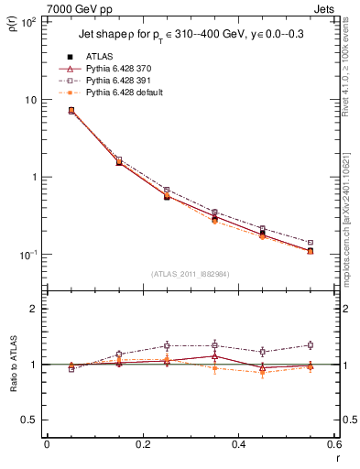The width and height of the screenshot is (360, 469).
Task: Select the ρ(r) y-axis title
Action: coord(12,23)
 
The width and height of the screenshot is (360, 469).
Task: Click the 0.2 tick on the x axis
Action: coord(142,446)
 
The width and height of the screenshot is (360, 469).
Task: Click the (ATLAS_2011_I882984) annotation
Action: coord(189,275)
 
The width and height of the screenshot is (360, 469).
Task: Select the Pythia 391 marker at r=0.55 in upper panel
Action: coord(311,243)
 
